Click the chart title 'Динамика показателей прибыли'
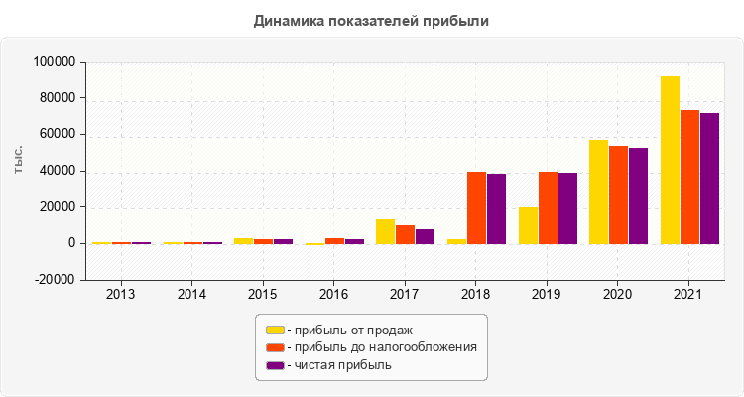[371, 20]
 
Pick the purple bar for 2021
[709, 179]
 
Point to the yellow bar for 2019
[528, 225]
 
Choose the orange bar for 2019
[548, 207]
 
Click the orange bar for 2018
[476, 207]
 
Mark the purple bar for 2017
[425, 236]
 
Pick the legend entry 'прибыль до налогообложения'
[381, 347]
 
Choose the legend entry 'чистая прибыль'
[338, 365]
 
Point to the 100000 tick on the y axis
[55, 62]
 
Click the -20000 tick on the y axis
[55, 280]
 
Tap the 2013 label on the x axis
[121, 295]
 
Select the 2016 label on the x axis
[333, 295]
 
